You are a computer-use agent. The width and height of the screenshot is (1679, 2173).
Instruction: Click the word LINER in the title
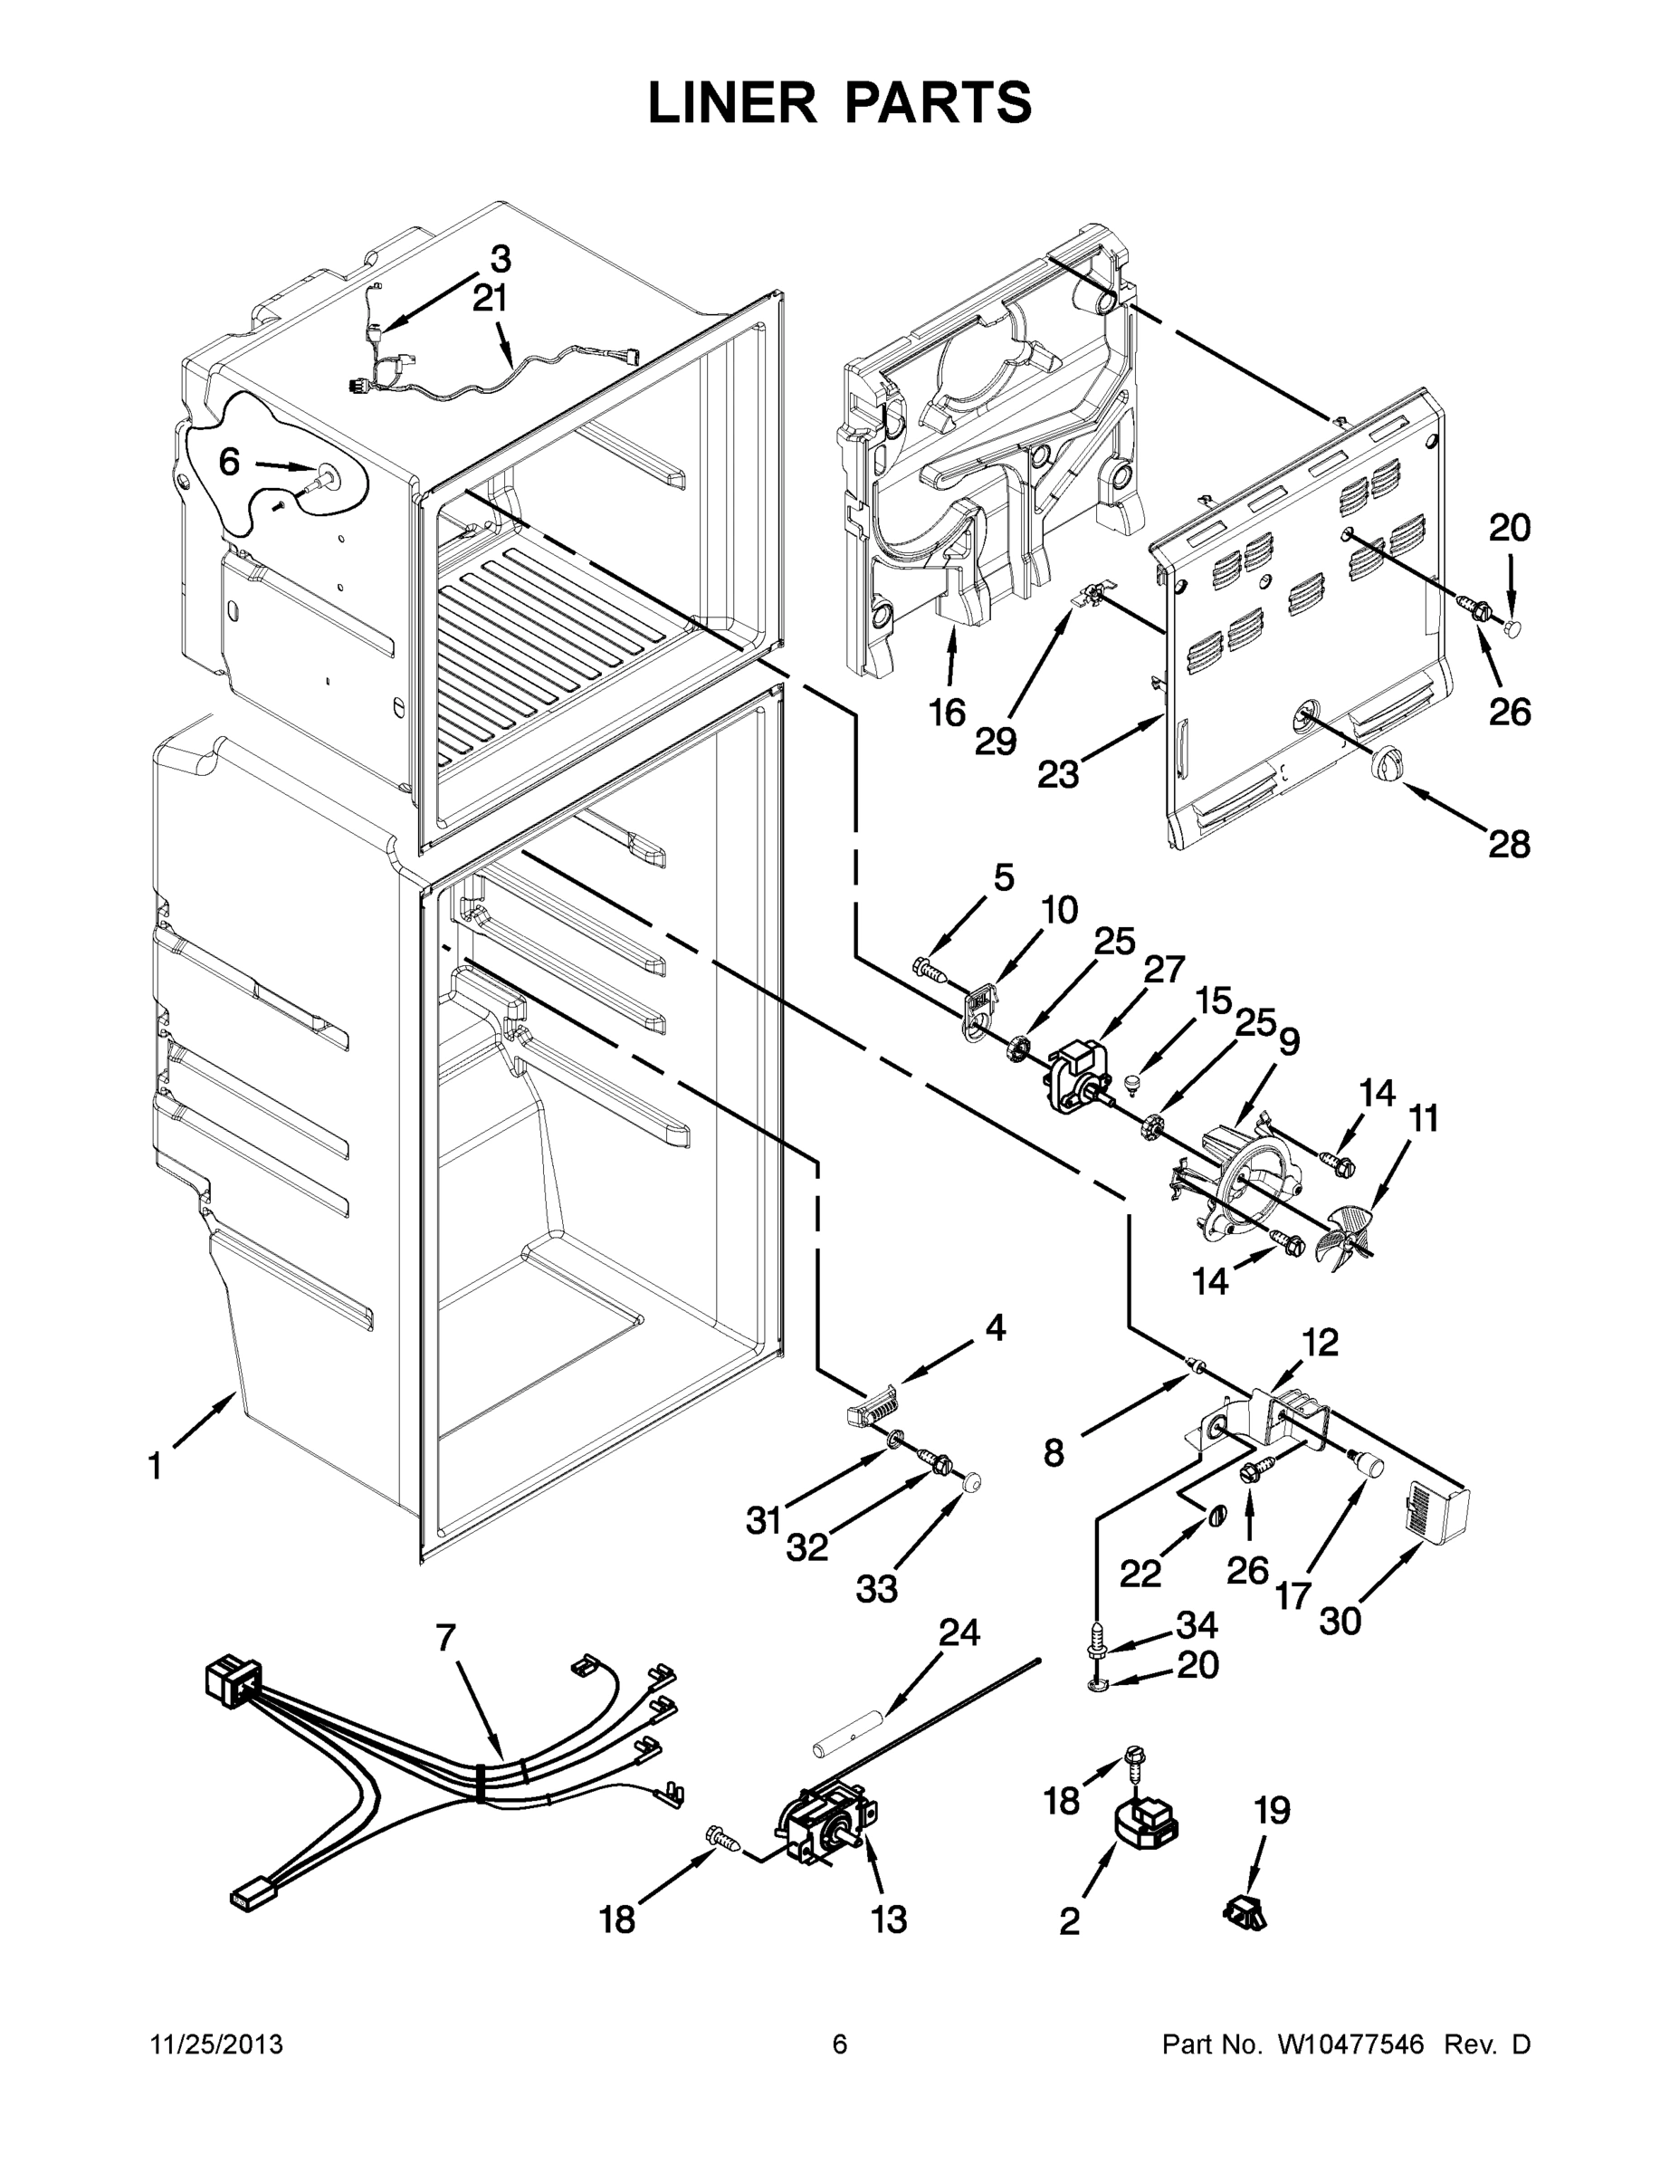pyautogui.click(x=731, y=102)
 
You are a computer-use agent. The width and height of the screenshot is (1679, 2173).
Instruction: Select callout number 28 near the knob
pyautogui.click(x=1508, y=845)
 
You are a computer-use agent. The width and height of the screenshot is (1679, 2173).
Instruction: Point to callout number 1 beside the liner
pyautogui.click(x=155, y=1467)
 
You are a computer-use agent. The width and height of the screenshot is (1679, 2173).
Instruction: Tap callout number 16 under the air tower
pyautogui.click(x=947, y=713)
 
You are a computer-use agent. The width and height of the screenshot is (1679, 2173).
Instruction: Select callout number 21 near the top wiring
pyautogui.click(x=490, y=298)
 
